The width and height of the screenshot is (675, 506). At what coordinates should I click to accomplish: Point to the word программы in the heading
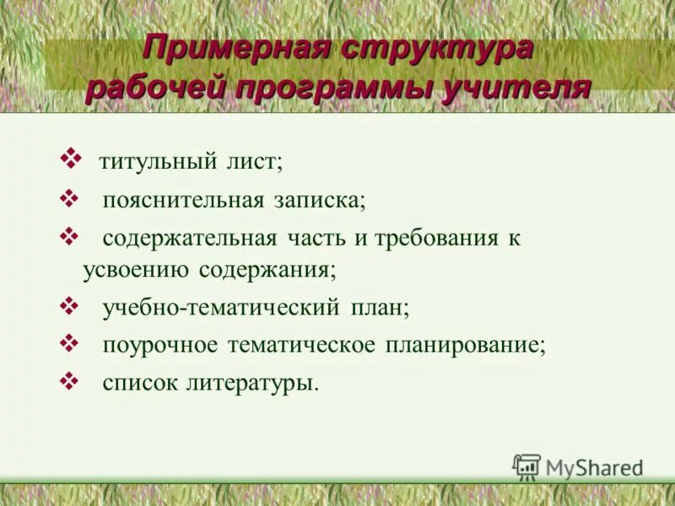332,89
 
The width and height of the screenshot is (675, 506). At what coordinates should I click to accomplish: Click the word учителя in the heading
517,89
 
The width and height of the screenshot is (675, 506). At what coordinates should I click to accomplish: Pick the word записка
320,200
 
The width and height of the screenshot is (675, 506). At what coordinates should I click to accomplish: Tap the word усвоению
138,270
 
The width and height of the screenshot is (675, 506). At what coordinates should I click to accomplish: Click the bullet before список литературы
70,379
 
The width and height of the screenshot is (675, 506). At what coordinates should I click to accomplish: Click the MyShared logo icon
526,466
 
